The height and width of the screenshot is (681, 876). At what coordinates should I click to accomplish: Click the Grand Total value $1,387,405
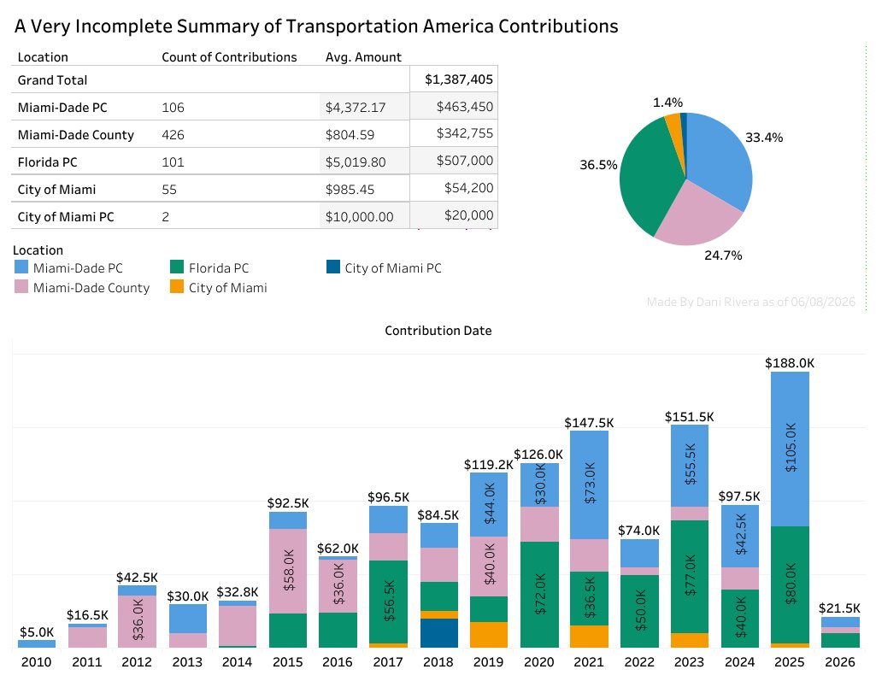pos(459,79)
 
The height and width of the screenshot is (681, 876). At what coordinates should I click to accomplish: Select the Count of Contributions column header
pos(229,57)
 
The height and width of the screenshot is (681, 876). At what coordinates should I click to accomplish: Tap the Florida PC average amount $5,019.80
pos(356,162)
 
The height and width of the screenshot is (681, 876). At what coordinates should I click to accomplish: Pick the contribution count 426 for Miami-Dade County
pos(173,135)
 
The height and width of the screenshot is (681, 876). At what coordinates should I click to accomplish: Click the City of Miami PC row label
pos(65,217)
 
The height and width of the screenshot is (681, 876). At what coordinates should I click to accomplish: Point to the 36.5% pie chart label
pos(598,165)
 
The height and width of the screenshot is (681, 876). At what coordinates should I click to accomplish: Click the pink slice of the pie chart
pos(698,215)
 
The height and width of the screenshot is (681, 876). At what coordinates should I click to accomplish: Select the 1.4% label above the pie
pos(667,103)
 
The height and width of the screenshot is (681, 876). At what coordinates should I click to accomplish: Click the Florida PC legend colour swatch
pos(177,267)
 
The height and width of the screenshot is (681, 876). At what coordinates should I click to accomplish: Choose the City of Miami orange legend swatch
pos(177,286)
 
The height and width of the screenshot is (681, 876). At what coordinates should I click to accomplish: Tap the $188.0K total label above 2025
pos(790,363)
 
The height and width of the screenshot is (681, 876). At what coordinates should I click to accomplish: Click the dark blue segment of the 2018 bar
pos(438,633)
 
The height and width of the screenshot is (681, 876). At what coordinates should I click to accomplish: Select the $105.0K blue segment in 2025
pos(790,449)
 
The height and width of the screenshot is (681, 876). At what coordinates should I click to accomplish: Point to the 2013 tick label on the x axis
pos(186,662)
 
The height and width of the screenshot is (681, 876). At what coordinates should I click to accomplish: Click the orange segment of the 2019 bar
pos(489,635)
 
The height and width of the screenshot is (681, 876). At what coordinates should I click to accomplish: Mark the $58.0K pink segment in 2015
pos(288,571)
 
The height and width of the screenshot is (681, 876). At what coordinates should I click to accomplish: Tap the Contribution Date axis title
pos(438,331)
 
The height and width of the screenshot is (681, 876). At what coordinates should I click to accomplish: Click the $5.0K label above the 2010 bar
pos(37,631)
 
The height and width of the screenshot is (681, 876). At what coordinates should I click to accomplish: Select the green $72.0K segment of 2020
pos(539,595)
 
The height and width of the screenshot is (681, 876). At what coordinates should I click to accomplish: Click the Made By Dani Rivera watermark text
pos(751,302)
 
